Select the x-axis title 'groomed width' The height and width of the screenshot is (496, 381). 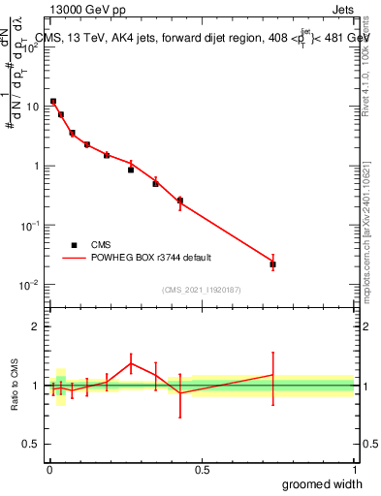tap(322, 483)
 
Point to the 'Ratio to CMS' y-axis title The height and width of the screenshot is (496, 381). tap(15, 386)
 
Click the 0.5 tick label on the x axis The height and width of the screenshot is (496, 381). tap(202, 469)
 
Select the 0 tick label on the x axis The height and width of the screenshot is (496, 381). tap(48, 469)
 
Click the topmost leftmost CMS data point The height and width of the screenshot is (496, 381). tap(53, 101)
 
